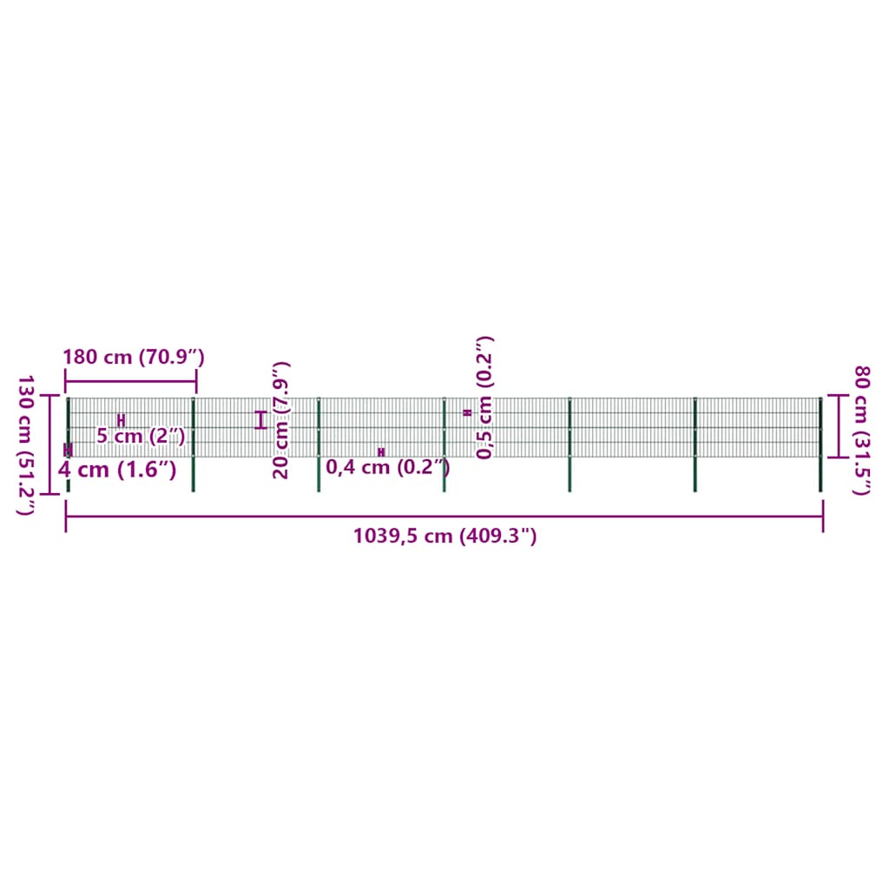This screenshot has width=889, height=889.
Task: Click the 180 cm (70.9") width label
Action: click(133, 357)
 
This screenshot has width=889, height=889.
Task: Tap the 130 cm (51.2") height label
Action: click(26, 445)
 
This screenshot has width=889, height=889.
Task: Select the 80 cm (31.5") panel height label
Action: click(861, 431)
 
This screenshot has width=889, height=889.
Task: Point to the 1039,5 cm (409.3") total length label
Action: click(445, 536)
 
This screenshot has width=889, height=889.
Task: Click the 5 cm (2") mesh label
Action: click(142, 436)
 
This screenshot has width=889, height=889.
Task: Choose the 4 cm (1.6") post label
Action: click(117, 470)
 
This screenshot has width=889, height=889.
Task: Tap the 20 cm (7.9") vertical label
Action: click(281, 420)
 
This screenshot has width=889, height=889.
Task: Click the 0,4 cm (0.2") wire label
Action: click(388, 467)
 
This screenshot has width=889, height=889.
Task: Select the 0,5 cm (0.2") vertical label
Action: click(484, 398)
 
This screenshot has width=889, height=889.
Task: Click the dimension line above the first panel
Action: click(131, 381)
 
